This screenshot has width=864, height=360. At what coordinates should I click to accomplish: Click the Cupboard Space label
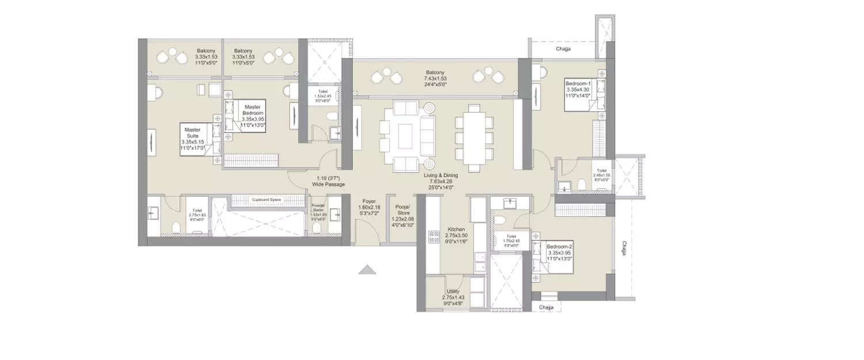pos(266,200)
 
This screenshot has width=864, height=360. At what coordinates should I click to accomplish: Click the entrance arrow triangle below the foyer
pos(367,270)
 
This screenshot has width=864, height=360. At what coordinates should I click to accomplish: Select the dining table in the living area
pos(475,138)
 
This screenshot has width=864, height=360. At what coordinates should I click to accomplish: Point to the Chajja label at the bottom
pos(546,308)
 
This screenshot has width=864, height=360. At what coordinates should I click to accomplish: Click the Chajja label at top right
pos(563,50)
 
